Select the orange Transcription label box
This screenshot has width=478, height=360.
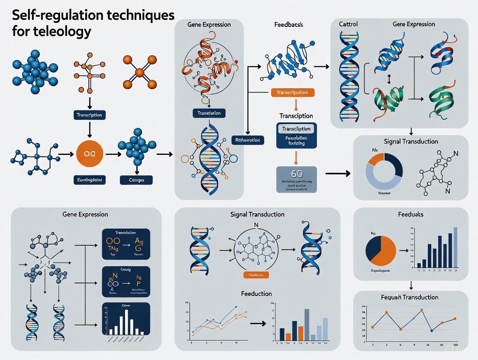point(292,93)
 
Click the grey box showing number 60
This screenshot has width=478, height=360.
point(297,179)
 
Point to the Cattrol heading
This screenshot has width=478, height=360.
point(348,24)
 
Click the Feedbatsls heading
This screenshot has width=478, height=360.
point(288,25)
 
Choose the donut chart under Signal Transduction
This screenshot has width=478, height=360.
point(384,170)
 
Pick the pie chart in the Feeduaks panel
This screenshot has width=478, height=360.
point(381,251)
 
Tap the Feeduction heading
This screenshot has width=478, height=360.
point(256,294)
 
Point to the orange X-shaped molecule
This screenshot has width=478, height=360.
point(139,72)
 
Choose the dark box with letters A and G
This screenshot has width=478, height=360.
point(125,244)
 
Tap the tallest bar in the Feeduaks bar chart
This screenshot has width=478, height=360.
point(455,247)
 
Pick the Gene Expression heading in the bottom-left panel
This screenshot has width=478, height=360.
point(85,214)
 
